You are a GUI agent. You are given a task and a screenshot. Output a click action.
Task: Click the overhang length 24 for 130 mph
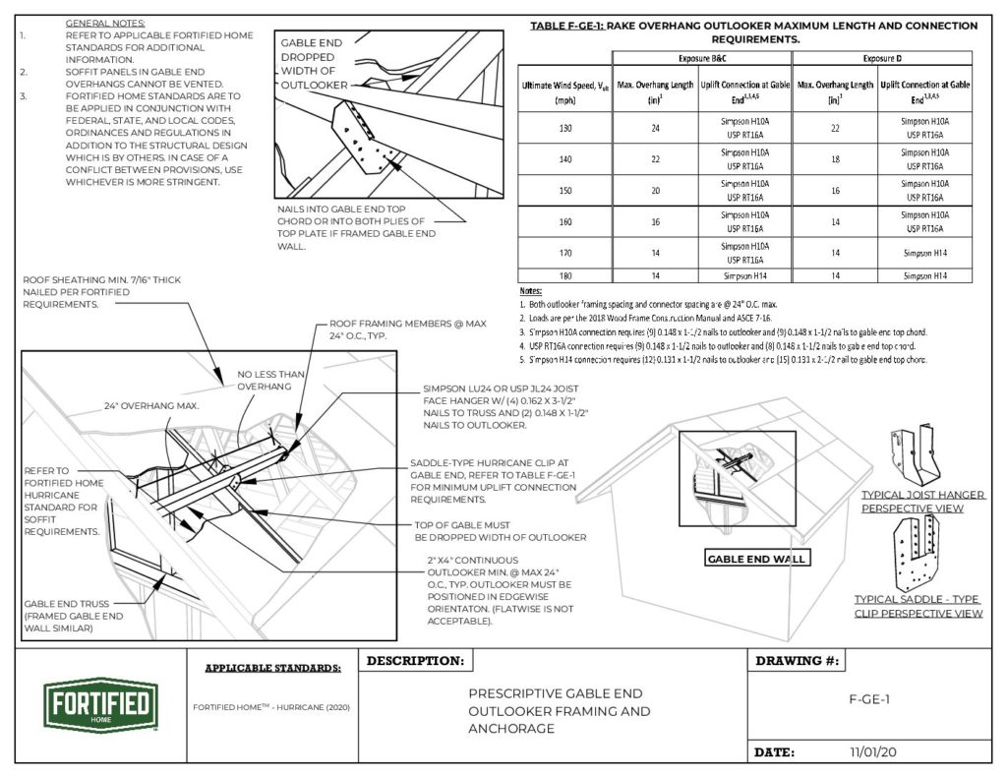[x=651, y=127]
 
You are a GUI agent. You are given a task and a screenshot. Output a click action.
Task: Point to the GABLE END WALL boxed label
[x=756, y=559]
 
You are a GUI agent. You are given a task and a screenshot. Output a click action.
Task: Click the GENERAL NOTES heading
[x=105, y=22]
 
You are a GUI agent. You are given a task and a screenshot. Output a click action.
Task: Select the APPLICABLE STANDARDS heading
[x=273, y=669]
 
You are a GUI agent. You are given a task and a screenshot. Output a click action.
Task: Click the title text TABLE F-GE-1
[x=568, y=26]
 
